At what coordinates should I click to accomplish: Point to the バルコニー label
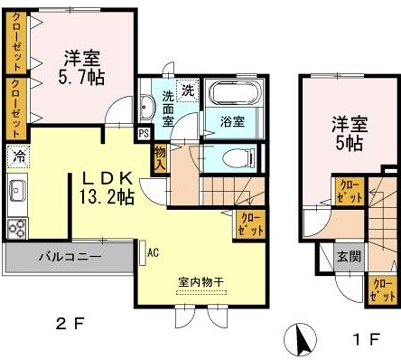tap(68, 257)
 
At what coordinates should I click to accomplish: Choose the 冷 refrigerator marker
tap(18, 155)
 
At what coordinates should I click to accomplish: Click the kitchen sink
tap(17, 190)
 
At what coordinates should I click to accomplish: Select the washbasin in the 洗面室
tap(146, 105)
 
